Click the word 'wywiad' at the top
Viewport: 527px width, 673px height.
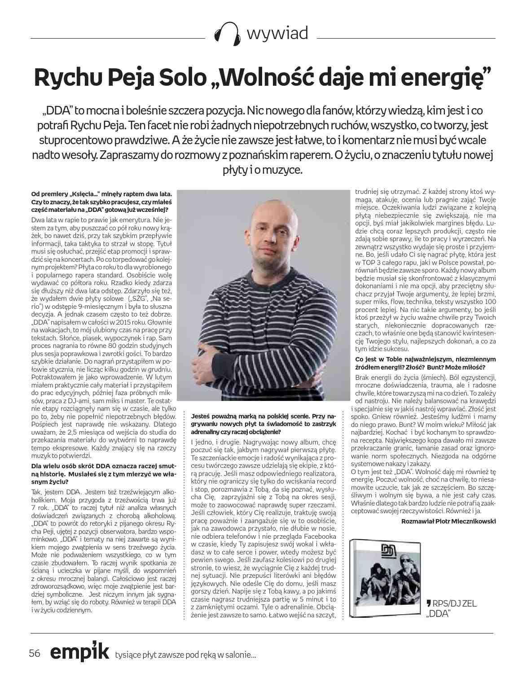277,33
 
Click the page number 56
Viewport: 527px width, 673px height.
35,653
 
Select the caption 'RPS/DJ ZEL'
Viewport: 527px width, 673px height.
452,603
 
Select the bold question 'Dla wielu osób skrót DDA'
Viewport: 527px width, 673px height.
101,473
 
